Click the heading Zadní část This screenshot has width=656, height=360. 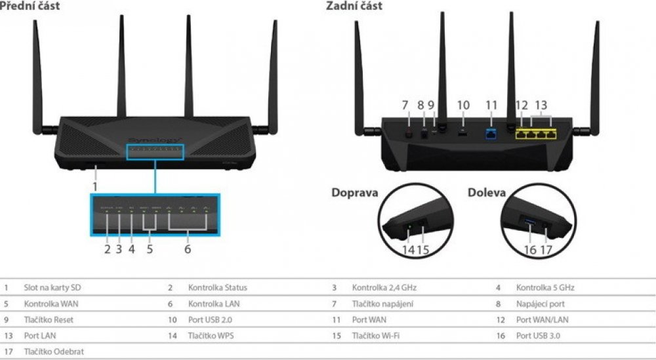(x=354, y=6)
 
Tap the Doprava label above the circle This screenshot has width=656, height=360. (x=355, y=193)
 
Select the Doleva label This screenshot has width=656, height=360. (x=486, y=193)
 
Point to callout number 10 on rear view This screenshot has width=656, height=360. (x=464, y=105)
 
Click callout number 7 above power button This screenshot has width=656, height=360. (x=405, y=105)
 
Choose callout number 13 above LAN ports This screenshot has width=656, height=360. (x=541, y=105)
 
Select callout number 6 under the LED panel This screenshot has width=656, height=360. (x=188, y=249)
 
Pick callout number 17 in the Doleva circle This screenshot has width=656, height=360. (x=546, y=249)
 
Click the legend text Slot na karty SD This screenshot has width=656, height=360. (x=52, y=287)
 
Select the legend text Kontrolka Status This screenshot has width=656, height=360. (x=217, y=287)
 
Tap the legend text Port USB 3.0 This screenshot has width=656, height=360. (x=539, y=335)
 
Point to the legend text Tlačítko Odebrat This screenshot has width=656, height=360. (x=54, y=351)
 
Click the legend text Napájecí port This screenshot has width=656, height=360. (x=540, y=304)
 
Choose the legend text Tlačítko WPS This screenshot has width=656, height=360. (x=211, y=335)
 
